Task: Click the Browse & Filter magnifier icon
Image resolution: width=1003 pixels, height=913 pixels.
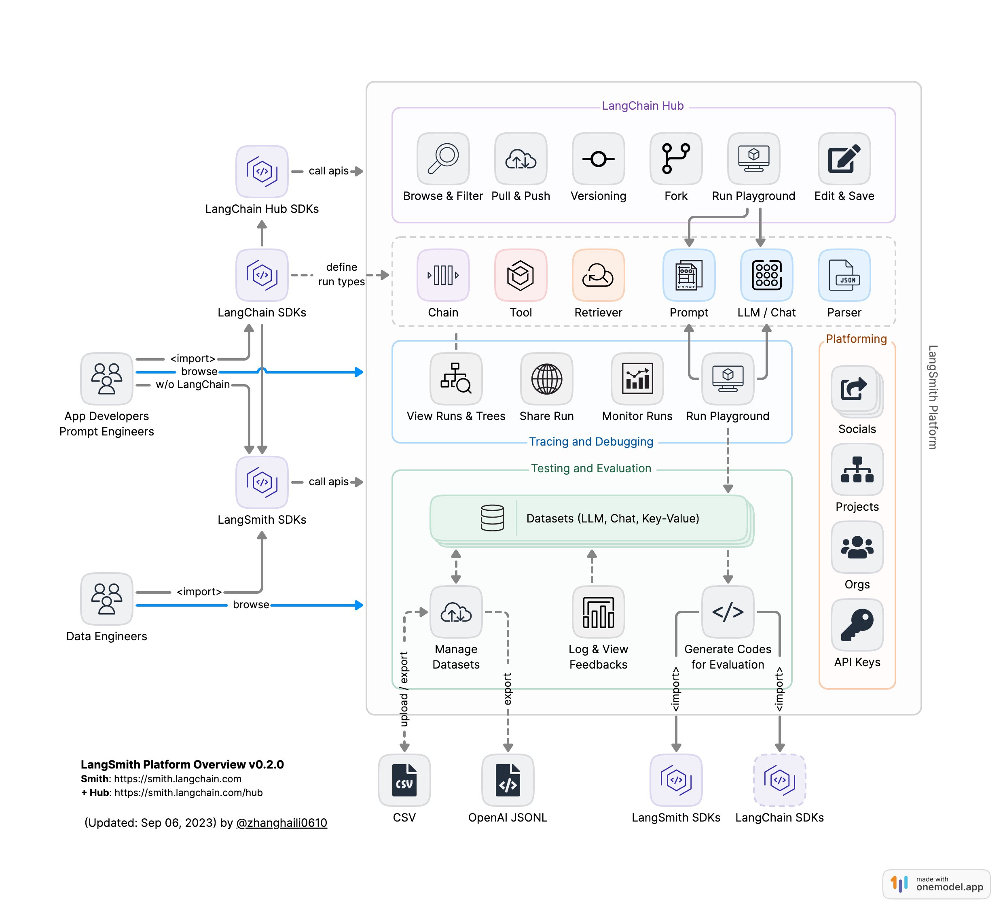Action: [x=443, y=158]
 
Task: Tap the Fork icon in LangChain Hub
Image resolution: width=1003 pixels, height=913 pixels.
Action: [x=676, y=158]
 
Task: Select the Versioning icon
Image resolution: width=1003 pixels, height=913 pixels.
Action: [x=598, y=158]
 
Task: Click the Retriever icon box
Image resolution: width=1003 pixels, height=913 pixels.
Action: [x=598, y=275]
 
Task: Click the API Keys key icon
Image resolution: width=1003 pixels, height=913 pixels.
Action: [x=857, y=624]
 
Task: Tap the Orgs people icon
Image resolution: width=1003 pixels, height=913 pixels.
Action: [x=857, y=547]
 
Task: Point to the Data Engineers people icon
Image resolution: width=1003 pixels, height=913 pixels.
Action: [x=106, y=599]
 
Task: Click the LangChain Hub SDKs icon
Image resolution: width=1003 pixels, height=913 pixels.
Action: [x=262, y=171]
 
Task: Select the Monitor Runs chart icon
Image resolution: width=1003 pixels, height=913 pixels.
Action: [x=637, y=378]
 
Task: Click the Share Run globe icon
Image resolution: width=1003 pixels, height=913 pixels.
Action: [x=546, y=378]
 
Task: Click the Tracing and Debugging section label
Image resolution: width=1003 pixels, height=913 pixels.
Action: [x=590, y=442]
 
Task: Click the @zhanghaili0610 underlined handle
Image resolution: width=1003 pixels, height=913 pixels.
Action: [x=281, y=822]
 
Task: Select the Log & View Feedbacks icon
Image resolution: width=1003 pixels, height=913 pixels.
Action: [x=598, y=611]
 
